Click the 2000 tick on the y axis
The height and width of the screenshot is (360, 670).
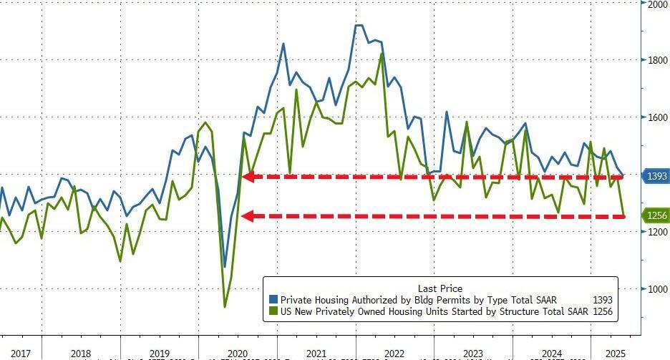point(657,4)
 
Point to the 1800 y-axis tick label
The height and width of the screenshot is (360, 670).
point(657,60)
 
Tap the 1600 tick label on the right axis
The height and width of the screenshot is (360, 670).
point(657,117)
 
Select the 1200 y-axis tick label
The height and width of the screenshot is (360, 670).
point(657,232)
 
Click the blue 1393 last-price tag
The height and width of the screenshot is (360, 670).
point(656,175)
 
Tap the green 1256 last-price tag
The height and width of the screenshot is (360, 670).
point(656,215)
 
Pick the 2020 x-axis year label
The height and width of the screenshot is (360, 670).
point(236,353)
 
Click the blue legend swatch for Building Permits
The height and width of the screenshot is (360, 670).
point(273,300)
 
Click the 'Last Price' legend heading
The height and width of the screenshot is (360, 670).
point(440,288)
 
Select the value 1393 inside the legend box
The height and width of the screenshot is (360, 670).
point(602,300)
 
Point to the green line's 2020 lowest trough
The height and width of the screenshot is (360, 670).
point(225,306)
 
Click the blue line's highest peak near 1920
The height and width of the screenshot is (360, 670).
point(359,26)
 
